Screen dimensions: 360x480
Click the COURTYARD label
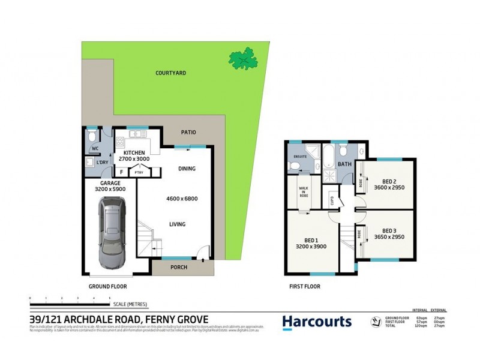[170, 73]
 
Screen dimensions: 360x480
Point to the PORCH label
[178, 268]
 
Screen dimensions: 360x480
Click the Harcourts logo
[317, 322]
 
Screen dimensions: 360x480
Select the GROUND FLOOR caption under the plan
[107, 287]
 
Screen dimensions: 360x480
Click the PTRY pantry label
[139, 173]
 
